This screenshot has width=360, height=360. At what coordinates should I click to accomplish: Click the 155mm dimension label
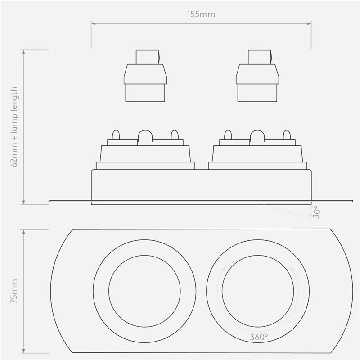(x=201, y=14)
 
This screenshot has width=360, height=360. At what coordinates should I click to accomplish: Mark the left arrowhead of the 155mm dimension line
(x=93, y=22)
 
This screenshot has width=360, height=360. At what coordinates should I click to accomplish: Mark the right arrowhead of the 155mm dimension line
(x=310, y=22)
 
